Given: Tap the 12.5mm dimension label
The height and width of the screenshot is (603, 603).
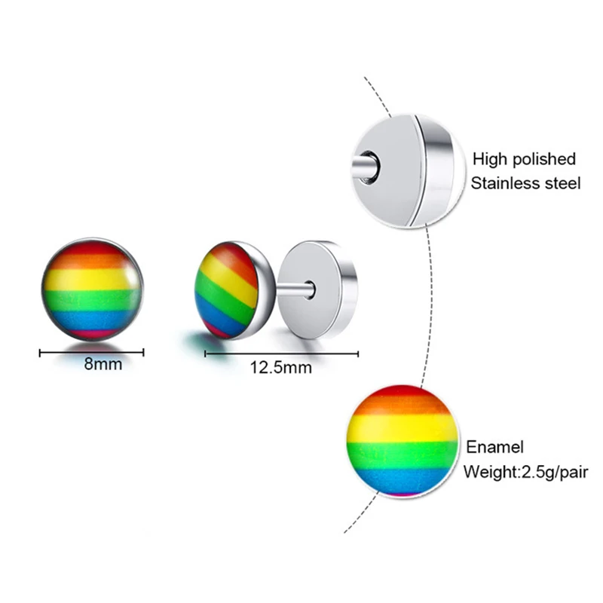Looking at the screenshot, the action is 282,368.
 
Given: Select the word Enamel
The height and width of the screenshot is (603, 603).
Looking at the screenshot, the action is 494,448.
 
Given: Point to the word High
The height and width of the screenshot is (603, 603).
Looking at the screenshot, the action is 489,159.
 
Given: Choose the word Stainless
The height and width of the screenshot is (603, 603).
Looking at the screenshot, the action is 507,183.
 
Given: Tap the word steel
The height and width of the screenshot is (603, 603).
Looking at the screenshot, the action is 562,183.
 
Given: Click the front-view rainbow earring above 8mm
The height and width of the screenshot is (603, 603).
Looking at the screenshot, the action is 90,289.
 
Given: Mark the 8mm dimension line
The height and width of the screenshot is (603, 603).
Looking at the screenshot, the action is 91,350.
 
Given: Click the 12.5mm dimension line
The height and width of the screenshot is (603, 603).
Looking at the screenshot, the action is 281,352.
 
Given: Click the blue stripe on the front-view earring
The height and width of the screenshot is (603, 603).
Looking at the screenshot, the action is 90,320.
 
